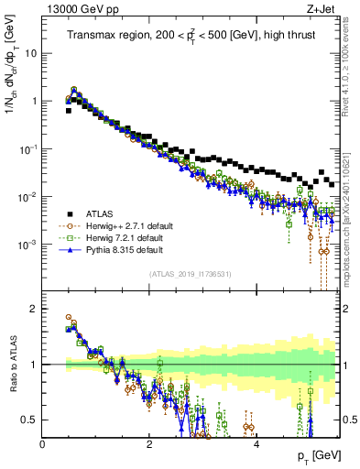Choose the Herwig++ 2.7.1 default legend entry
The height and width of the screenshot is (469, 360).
(x=124, y=225)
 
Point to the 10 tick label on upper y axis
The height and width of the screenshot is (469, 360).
(x=30, y=53)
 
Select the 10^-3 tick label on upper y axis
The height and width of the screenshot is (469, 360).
(x=28, y=244)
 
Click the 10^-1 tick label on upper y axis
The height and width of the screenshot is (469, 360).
(x=28, y=148)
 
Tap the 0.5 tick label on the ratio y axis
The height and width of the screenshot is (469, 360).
(x=30, y=420)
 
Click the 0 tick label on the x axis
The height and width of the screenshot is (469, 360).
(x=43, y=442)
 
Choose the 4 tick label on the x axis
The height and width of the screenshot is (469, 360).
(x=256, y=442)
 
